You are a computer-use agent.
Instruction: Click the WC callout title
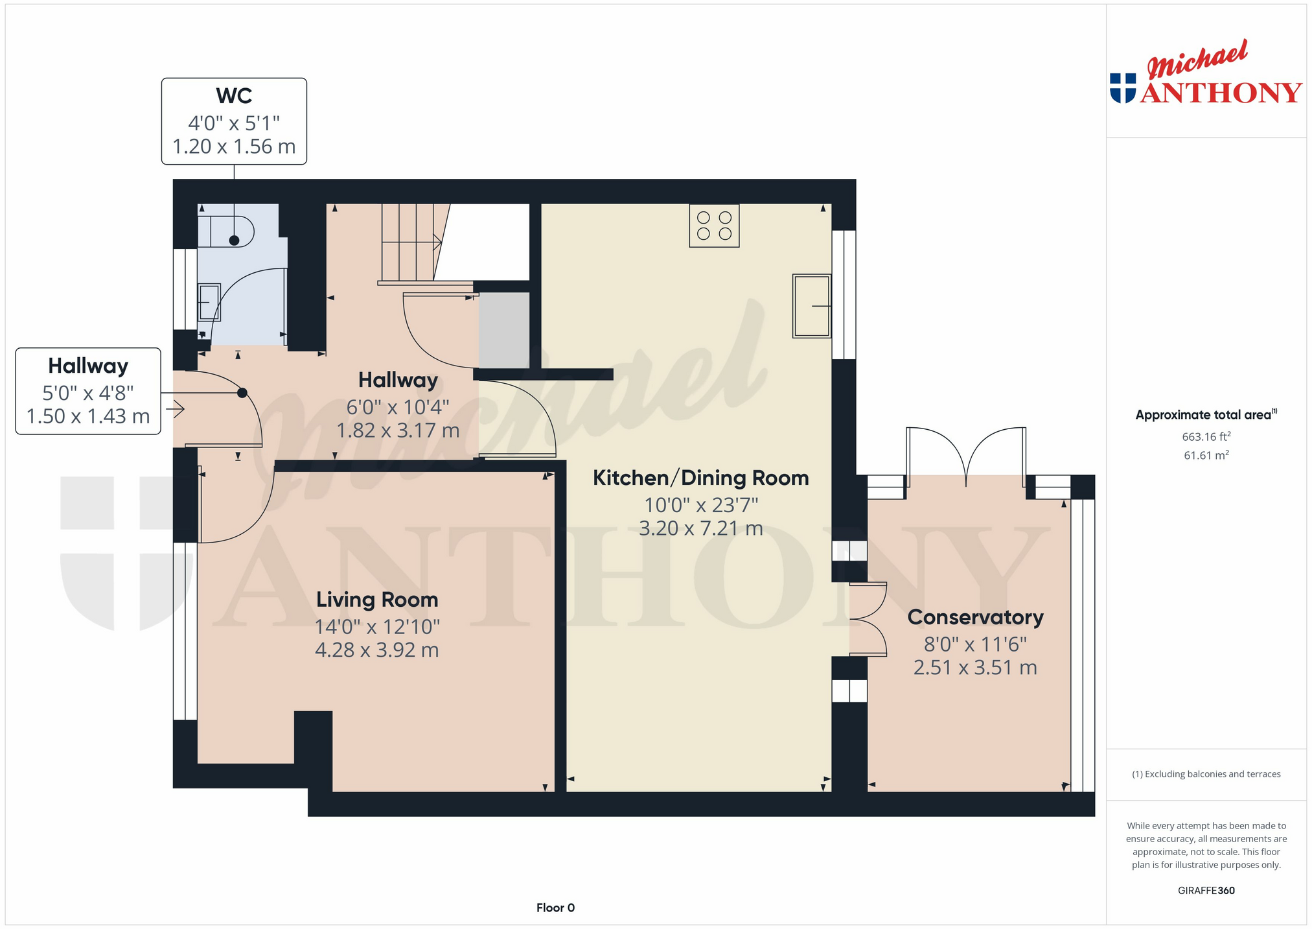(234, 96)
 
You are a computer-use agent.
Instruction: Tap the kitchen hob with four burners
(714, 226)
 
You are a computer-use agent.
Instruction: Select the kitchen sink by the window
(811, 306)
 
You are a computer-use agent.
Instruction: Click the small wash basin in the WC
(209, 302)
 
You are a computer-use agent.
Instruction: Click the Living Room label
(377, 600)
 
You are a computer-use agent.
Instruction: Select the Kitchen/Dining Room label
(701, 478)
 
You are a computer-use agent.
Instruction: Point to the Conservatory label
(975, 617)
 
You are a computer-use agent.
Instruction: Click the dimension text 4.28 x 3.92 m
(377, 650)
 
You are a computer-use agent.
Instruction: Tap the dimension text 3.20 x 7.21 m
(701, 528)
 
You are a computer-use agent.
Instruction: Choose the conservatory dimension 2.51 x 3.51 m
(975, 668)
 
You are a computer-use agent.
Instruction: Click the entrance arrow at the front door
(176, 409)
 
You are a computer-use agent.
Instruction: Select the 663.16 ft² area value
(1206, 436)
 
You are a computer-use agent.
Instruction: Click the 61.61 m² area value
(1206, 455)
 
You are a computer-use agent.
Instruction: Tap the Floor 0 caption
(555, 908)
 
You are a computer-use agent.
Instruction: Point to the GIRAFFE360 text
(1206, 890)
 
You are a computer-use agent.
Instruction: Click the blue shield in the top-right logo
(1123, 88)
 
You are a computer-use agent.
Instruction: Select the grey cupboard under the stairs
(504, 330)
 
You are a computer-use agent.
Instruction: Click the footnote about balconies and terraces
(1206, 774)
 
